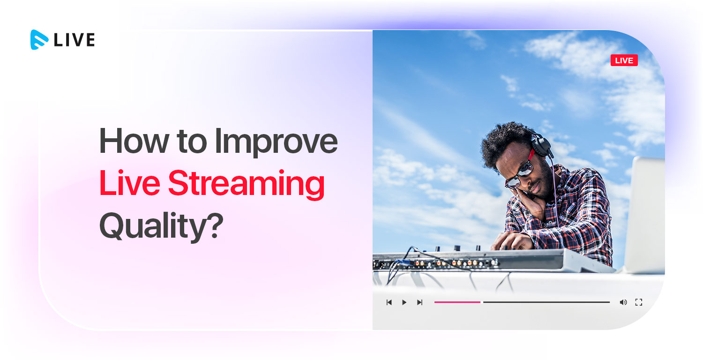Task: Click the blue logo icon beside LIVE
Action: (x=39, y=40)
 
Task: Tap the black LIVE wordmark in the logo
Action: (x=75, y=40)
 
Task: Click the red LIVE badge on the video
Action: (x=624, y=60)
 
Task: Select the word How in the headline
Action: (x=134, y=141)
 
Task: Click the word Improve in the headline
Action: (x=276, y=143)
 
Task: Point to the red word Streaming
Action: (x=247, y=184)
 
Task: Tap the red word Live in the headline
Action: (x=130, y=183)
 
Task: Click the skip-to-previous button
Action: (x=389, y=302)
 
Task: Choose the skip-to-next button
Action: (x=419, y=302)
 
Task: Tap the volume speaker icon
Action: (x=623, y=302)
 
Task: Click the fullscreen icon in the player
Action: (x=639, y=302)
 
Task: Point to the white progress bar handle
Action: (x=482, y=302)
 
